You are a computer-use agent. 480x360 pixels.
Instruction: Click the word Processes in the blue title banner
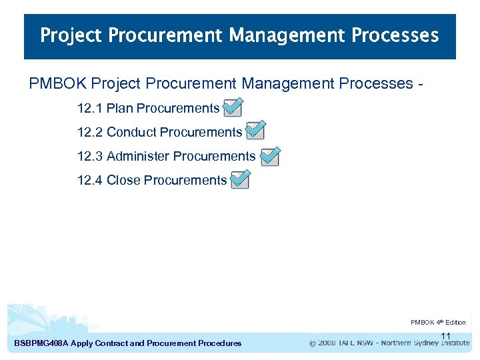coord(399,35)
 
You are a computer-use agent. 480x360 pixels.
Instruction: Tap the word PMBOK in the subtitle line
coord(57,84)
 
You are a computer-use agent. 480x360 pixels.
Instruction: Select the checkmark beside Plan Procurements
coord(233,107)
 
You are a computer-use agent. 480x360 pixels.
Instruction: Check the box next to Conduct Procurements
coord(255,131)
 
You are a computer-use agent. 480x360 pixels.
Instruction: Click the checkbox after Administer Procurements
coord(270,156)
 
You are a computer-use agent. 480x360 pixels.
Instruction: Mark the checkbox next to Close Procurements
coord(240,180)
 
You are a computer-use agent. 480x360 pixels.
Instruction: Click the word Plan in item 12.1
coord(120,108)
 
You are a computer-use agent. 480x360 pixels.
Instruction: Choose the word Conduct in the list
coord(131,132)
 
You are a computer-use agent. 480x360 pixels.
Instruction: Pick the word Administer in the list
coord(138,156)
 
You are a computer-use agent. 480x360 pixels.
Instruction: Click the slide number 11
coord(446,336)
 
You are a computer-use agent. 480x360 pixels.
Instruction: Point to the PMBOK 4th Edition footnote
coord(438,323)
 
